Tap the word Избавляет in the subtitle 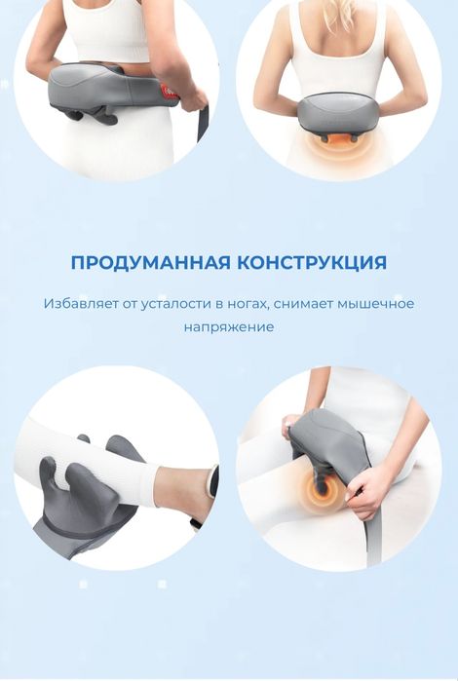76,304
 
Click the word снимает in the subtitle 303,304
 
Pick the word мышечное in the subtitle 376,304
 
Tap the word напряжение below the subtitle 229,327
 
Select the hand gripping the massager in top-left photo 191,96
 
